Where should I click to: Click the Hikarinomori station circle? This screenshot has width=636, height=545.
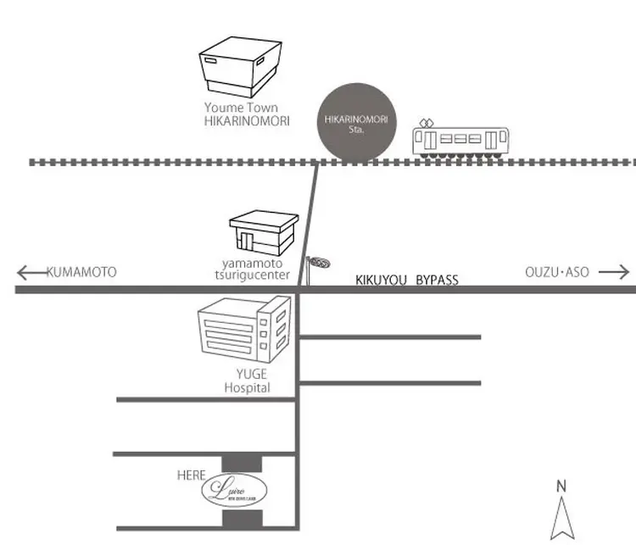356,124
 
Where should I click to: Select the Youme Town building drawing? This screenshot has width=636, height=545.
239,66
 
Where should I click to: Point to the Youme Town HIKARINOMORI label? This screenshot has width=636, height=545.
246,114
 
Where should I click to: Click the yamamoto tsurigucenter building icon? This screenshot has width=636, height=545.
264,231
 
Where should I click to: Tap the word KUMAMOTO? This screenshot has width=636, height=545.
82,272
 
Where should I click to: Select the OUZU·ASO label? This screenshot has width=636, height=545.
556,272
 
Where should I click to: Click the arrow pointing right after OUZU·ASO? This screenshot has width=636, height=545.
614,272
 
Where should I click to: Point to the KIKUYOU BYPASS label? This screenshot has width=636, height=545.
406,280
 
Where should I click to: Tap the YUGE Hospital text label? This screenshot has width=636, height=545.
247,382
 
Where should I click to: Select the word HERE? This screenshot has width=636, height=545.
191,475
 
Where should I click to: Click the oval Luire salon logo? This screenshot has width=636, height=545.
234,490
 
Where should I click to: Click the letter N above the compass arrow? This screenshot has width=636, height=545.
561,486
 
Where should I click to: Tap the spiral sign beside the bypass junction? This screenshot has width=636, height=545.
318,264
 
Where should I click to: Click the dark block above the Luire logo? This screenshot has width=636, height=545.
242,462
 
